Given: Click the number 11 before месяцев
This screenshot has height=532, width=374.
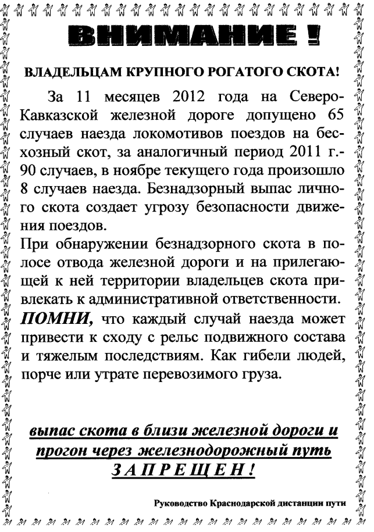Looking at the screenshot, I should [86, 96].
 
